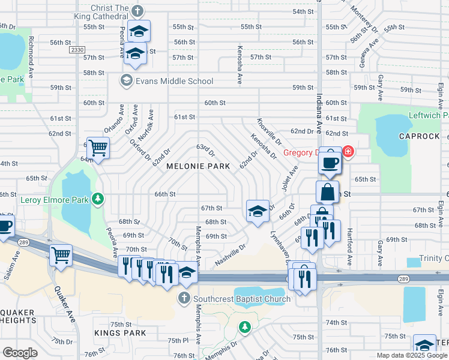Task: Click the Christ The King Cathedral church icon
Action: point(137,11)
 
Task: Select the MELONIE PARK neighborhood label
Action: point(190,166)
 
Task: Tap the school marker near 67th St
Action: point(257,211)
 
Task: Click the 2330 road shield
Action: point(77,50)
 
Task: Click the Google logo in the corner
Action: point(20,352)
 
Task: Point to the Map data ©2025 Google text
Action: point(411,355)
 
